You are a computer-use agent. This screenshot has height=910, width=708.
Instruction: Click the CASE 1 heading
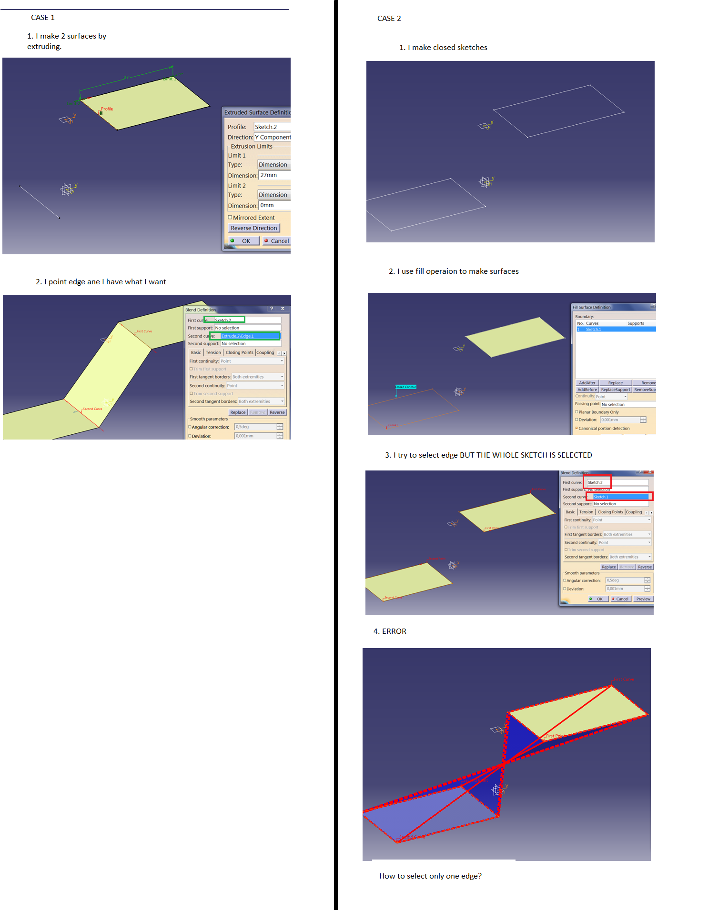[43, 18]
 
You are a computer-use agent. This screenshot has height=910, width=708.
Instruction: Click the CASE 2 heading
[389, 19]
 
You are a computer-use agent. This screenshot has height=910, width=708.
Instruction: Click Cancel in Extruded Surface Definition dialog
[278, 241]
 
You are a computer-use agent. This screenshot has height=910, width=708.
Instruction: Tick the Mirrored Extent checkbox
[230, 218]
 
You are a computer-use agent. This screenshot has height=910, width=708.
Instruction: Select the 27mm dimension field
[274, 175]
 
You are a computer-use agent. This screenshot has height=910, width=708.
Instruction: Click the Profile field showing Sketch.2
[272, 127]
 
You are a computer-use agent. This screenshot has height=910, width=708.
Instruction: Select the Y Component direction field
[273, 137]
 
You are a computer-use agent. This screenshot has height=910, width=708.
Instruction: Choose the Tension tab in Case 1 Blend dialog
[213, 353]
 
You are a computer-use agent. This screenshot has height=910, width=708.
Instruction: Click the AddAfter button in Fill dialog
[587, 383]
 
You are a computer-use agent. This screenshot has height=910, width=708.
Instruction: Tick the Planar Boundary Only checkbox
[577, 412]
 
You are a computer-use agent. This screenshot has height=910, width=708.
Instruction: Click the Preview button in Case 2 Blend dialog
[643, 599]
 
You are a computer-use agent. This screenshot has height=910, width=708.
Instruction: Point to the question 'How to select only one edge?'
[430, 876]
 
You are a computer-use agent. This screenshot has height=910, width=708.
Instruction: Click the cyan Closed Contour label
[406, 387]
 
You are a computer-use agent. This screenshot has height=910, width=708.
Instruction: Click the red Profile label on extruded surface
[107, 109]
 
